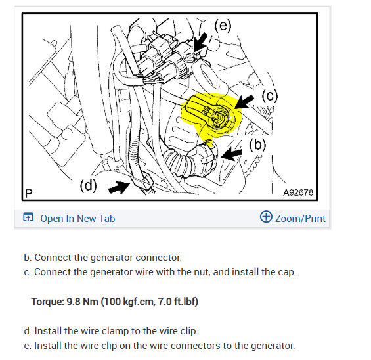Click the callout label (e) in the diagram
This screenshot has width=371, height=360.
223,26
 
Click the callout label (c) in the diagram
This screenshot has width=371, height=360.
270,96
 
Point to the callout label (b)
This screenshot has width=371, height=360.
257,145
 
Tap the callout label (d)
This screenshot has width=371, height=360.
89,185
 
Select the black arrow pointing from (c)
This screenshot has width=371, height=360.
244,102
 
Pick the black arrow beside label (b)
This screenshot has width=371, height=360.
231,154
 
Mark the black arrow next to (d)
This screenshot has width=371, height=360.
120,187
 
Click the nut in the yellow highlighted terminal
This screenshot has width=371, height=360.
217,116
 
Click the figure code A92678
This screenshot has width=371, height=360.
298,192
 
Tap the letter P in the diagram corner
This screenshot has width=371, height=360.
29,193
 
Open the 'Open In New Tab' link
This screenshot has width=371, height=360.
77,219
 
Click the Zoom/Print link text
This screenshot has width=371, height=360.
300,219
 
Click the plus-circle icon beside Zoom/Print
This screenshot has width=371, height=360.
266,217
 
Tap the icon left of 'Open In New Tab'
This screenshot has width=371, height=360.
28,217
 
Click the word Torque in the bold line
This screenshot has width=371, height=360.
47,302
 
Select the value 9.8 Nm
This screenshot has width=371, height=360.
82,302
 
